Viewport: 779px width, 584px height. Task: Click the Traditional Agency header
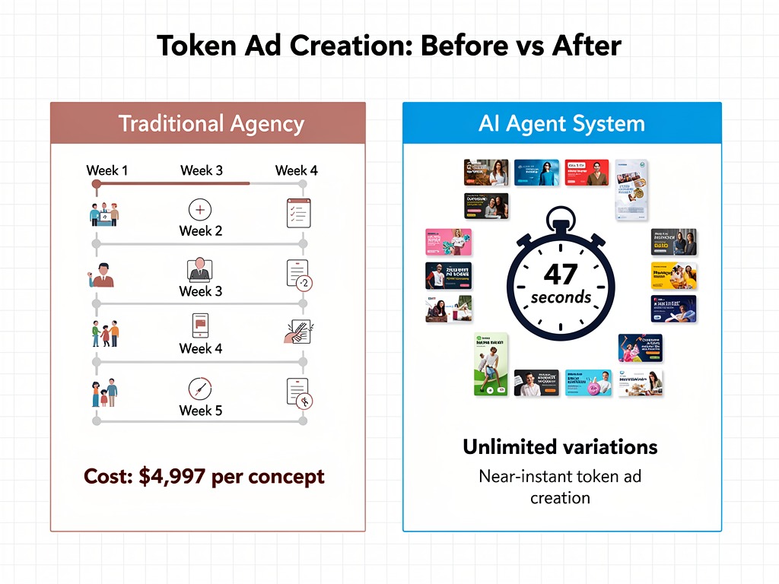click(x=211, y=124)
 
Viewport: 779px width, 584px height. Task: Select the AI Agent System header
click(x=561, y=124)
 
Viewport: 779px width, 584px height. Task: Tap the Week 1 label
click(x=107, y=170)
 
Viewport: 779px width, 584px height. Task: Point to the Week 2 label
click(x=200, y=231)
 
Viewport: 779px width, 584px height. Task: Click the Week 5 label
click(x=200, y=411)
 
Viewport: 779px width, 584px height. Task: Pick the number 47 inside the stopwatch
click(x=561, y=274)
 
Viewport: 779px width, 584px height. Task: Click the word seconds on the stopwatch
click(x=561, y=297)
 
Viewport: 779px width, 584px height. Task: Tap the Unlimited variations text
click(x=560, y=446)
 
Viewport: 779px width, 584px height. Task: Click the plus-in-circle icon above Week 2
click(x=199, y=210)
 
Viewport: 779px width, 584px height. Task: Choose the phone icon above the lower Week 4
click(x=200, y=325)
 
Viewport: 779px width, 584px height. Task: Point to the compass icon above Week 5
click(x=200, y=389)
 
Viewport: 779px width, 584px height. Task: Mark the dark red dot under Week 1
click(x=96, y=183)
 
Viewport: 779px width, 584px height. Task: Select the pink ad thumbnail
click(x=448, y=242)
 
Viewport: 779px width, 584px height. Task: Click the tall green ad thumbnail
click(x=491, y=364)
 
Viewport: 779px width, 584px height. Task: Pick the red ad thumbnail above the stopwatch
click(x=586, y=173)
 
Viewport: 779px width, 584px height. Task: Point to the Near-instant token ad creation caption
click(x=560, y=487)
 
